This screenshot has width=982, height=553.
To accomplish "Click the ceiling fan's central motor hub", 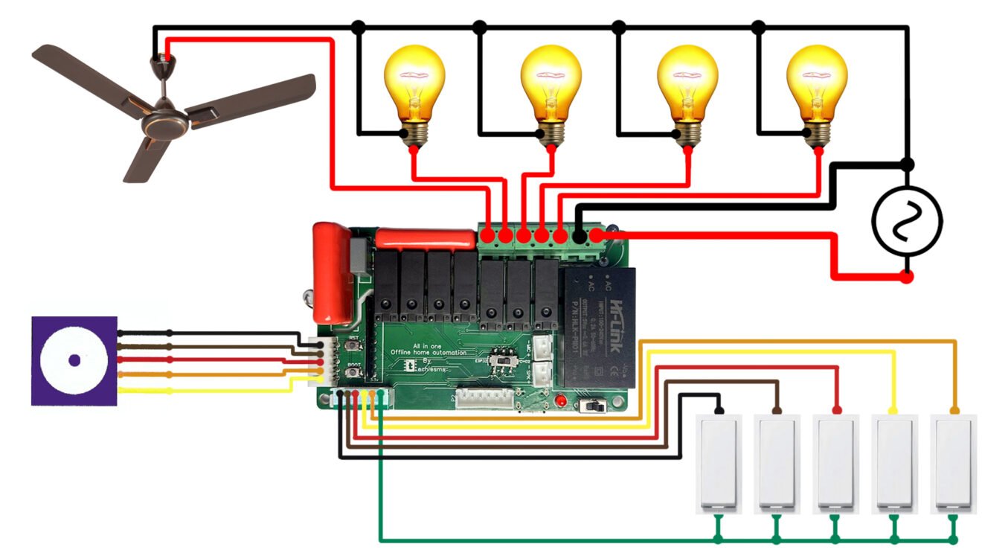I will tap(165, 123).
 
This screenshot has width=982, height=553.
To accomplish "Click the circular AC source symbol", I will tap(907, 221).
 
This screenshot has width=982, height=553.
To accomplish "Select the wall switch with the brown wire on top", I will tap(777, 461).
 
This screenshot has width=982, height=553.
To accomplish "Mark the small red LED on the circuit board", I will tap(561, 402).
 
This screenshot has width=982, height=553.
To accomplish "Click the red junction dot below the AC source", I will tap(907, 278).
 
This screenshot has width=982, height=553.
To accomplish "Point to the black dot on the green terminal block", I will tap(578, 237).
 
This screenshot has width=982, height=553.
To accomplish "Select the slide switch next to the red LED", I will tap(593, 406).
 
